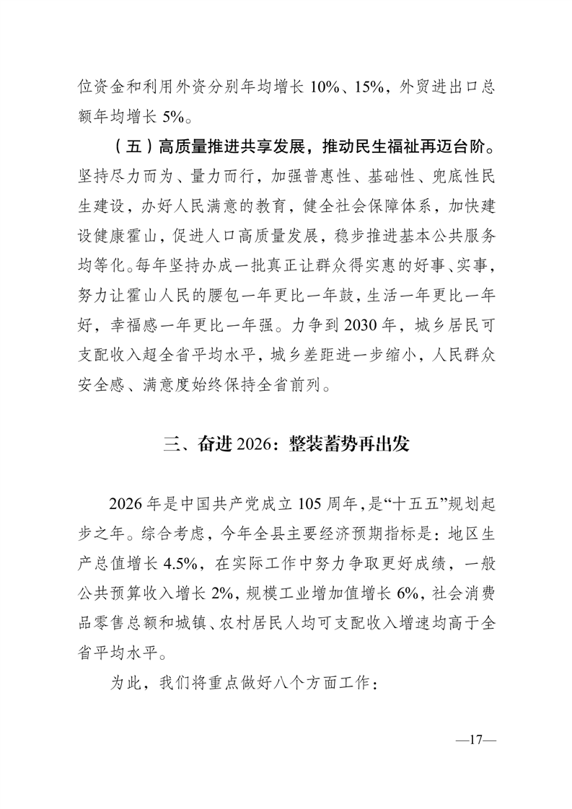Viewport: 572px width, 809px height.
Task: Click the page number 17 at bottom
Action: (474, 740)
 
